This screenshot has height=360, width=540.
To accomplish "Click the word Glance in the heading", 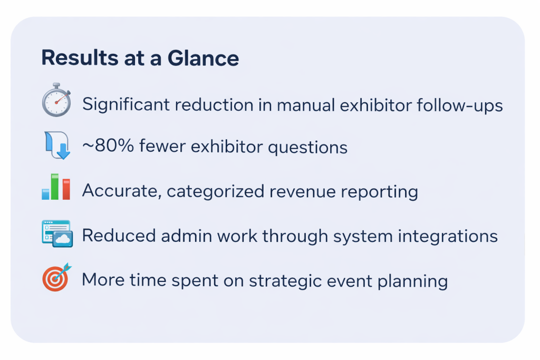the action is point(203,58).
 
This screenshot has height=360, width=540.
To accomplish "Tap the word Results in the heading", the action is point(80,57).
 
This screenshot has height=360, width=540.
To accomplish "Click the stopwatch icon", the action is point(56,100).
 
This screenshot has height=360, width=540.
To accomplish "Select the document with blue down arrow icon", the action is point(57,145).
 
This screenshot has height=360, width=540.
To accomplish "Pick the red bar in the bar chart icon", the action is point(66,189).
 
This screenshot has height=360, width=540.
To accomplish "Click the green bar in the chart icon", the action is point(55,187).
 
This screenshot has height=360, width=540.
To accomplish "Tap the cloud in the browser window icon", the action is point(63,239).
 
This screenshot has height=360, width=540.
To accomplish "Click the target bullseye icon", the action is point(56,277).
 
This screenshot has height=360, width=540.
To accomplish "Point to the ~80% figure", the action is point(108,145).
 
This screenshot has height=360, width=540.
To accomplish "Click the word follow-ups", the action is point(460,105).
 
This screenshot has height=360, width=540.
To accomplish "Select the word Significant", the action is point(126,105).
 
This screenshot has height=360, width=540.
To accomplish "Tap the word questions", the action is point(307,148).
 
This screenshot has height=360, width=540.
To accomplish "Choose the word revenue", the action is point(302,192).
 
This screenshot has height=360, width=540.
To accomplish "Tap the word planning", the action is point(412,281).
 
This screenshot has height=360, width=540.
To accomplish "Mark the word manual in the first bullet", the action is point(306,105).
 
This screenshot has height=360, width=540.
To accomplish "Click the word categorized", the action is point(216,192).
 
